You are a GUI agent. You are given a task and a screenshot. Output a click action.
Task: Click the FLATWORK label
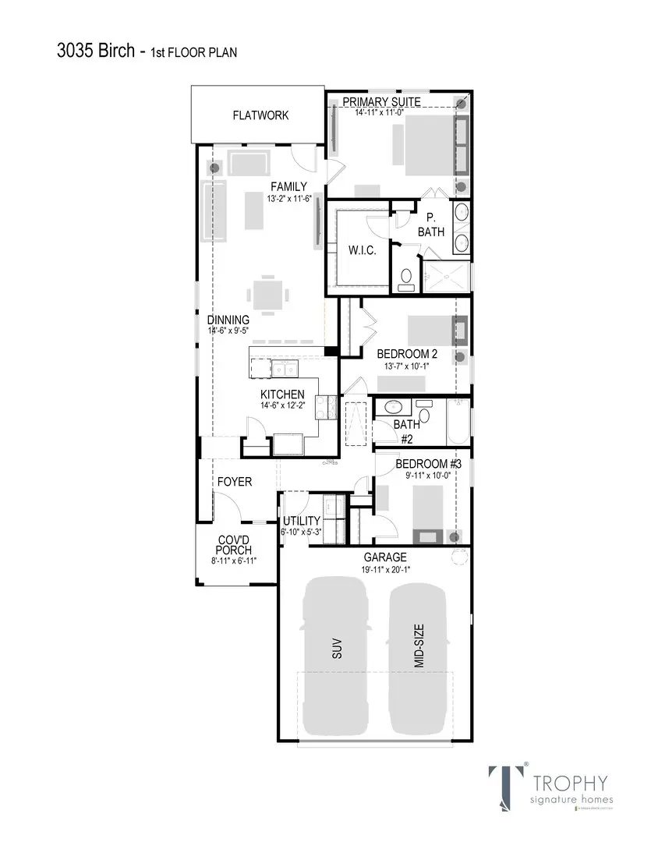tap(260, 115)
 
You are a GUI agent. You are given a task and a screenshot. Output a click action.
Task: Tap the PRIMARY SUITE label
tap(381, 102)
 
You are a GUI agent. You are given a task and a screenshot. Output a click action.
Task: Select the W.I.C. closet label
tap(362, 250)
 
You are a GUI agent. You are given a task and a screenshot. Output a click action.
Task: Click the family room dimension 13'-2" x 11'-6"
tap(288, 198)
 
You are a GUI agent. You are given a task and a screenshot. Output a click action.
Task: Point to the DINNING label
tap(228, 320)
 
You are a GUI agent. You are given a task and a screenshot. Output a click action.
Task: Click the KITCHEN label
tap(282, 394)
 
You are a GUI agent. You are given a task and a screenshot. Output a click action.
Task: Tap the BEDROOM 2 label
tap(407, 354)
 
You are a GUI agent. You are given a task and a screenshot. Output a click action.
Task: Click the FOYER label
tap(234, 482)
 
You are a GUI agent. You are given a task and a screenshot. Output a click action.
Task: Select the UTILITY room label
tap(301, 521)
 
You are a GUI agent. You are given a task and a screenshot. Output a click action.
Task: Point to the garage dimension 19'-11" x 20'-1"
tap(385, 569)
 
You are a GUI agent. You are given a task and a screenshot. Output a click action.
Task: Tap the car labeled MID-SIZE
tap(419, 656)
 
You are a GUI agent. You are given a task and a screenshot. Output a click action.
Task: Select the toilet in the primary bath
tap(405, 279)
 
